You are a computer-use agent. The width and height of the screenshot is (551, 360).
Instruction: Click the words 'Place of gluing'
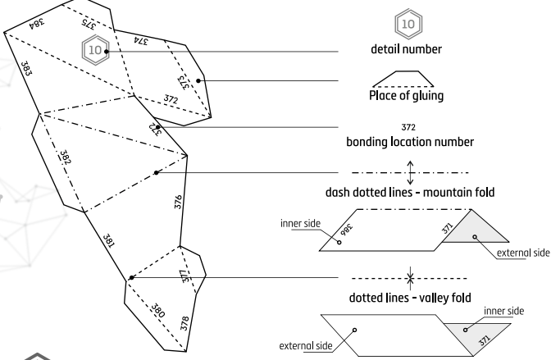coord(408,93)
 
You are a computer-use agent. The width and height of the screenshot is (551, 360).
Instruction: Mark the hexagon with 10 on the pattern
coord(96,51)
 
